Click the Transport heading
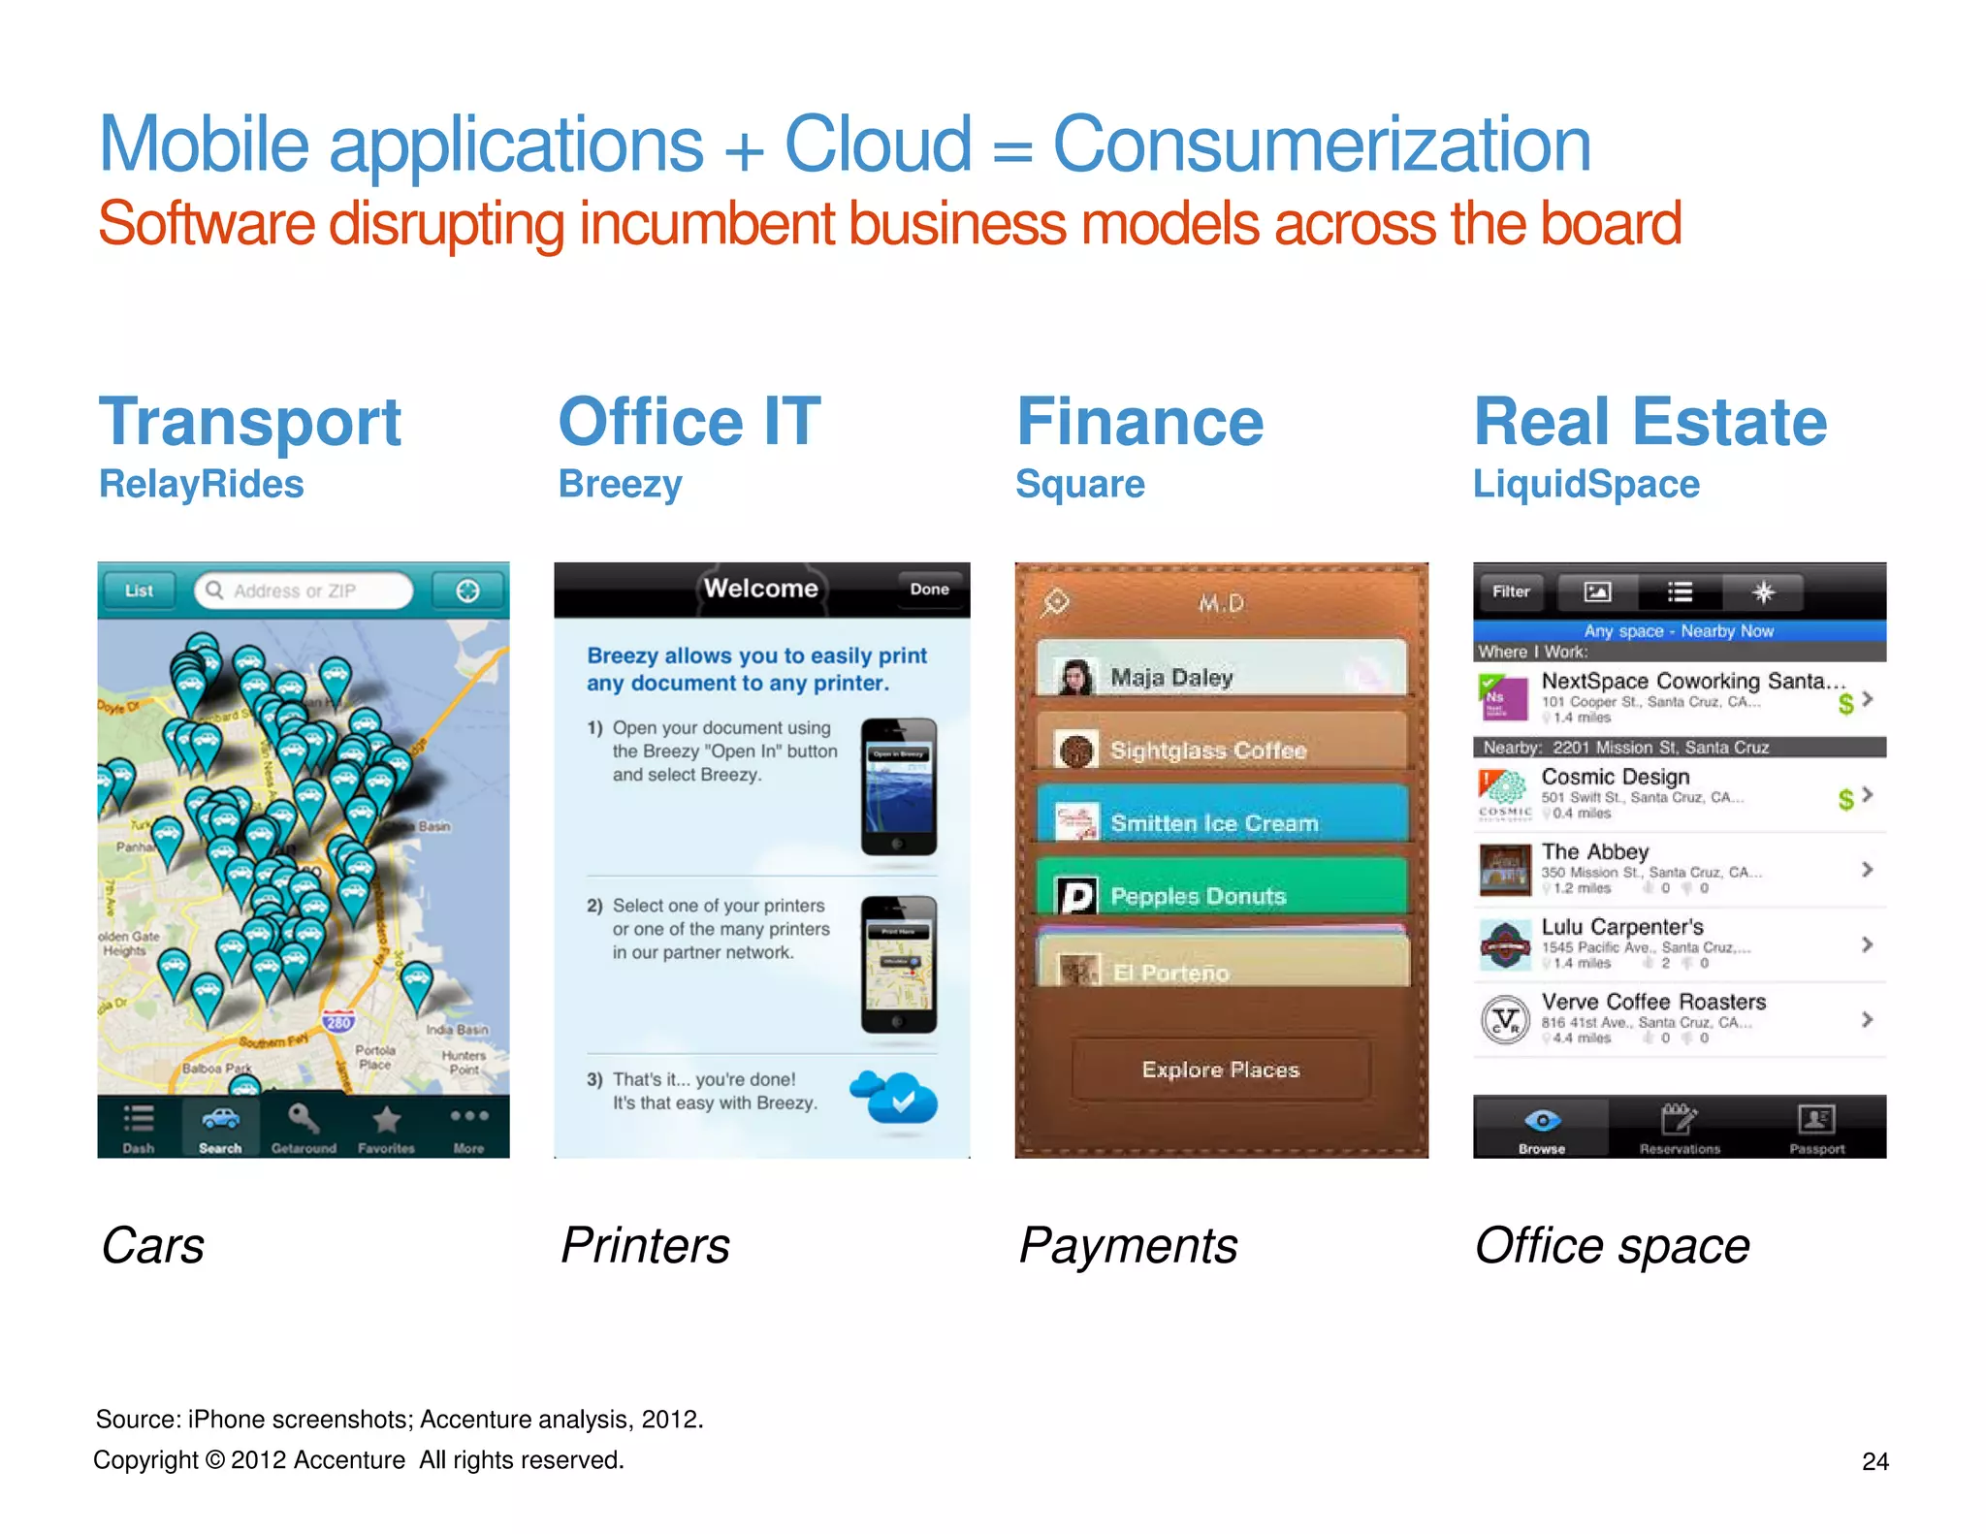click(x=250, y=423)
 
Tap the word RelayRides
click(x=202, y=484)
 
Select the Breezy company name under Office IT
click(x=621, y=484)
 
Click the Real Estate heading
click(x=1650, y=423)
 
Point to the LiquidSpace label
click(x=1586, y=484)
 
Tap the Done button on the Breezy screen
click(x=929, y=589)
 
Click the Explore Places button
click(x=1221, y=1070)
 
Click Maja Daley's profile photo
click(x=1074, y=677)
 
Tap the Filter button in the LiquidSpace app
click(x=1511, y=591)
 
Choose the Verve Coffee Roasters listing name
click(x=1653, y=1002)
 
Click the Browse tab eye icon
click(x=1542, y=1121)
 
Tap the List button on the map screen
click(x=139, y=591)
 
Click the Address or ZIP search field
click(x=304, y=591)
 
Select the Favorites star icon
click(x=386, y=1120)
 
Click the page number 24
click(x=1875, y=1461)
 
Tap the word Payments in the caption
click(x=1129, y=1246)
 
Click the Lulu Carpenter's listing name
click(x=1622, y=927)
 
